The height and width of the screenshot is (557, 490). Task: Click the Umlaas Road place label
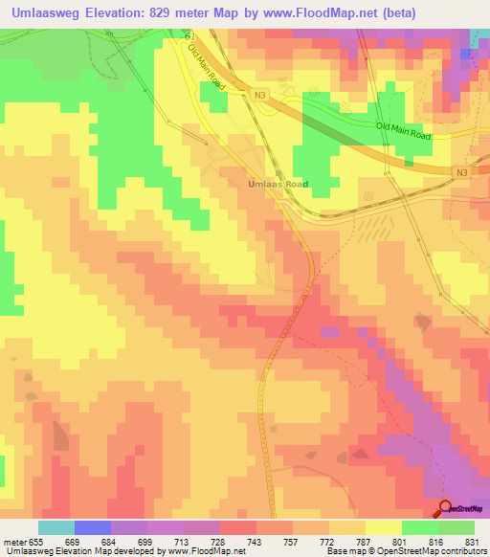pos(278,183)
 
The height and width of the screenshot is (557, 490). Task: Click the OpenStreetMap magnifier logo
pos(446,508)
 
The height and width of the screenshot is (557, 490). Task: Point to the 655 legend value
pos(37,541)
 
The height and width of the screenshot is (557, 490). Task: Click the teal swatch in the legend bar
pos(56,527)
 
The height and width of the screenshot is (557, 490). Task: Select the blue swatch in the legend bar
pos(93,527)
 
